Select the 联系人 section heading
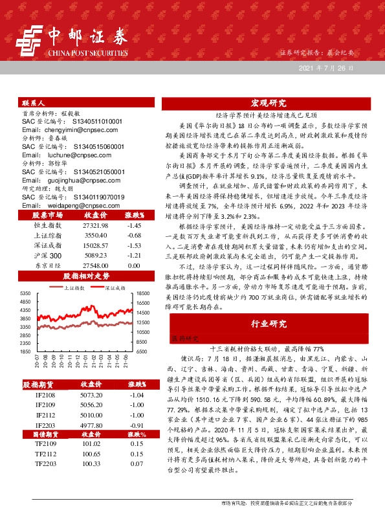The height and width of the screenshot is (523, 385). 33,103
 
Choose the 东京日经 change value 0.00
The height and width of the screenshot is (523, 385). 134,266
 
